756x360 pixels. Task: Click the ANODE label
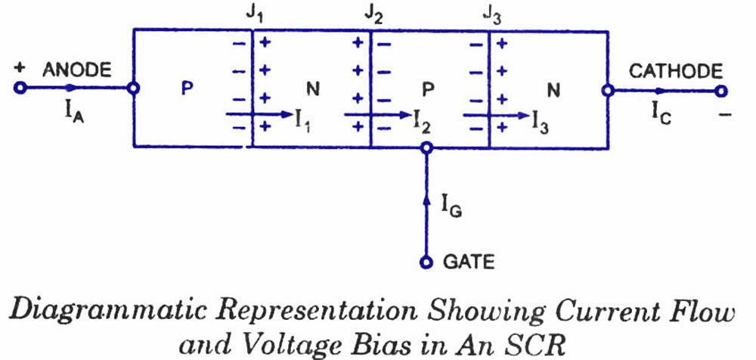click(x=77, y=70)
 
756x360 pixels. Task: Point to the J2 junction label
click(x=370, y=14)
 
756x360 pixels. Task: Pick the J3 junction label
click(x=491, y=14)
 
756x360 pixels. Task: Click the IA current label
click(x=73, y=113)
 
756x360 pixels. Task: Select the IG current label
click(x=451, y=204)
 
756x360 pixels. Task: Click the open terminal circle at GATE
click(x=426, y=262)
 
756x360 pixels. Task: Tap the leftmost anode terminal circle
click(x=20, y=88)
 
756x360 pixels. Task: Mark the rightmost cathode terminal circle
click(x=721, y=91)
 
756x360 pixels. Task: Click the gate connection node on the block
click(x=426, y=147)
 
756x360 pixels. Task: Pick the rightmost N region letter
click(x=553, y=91)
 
